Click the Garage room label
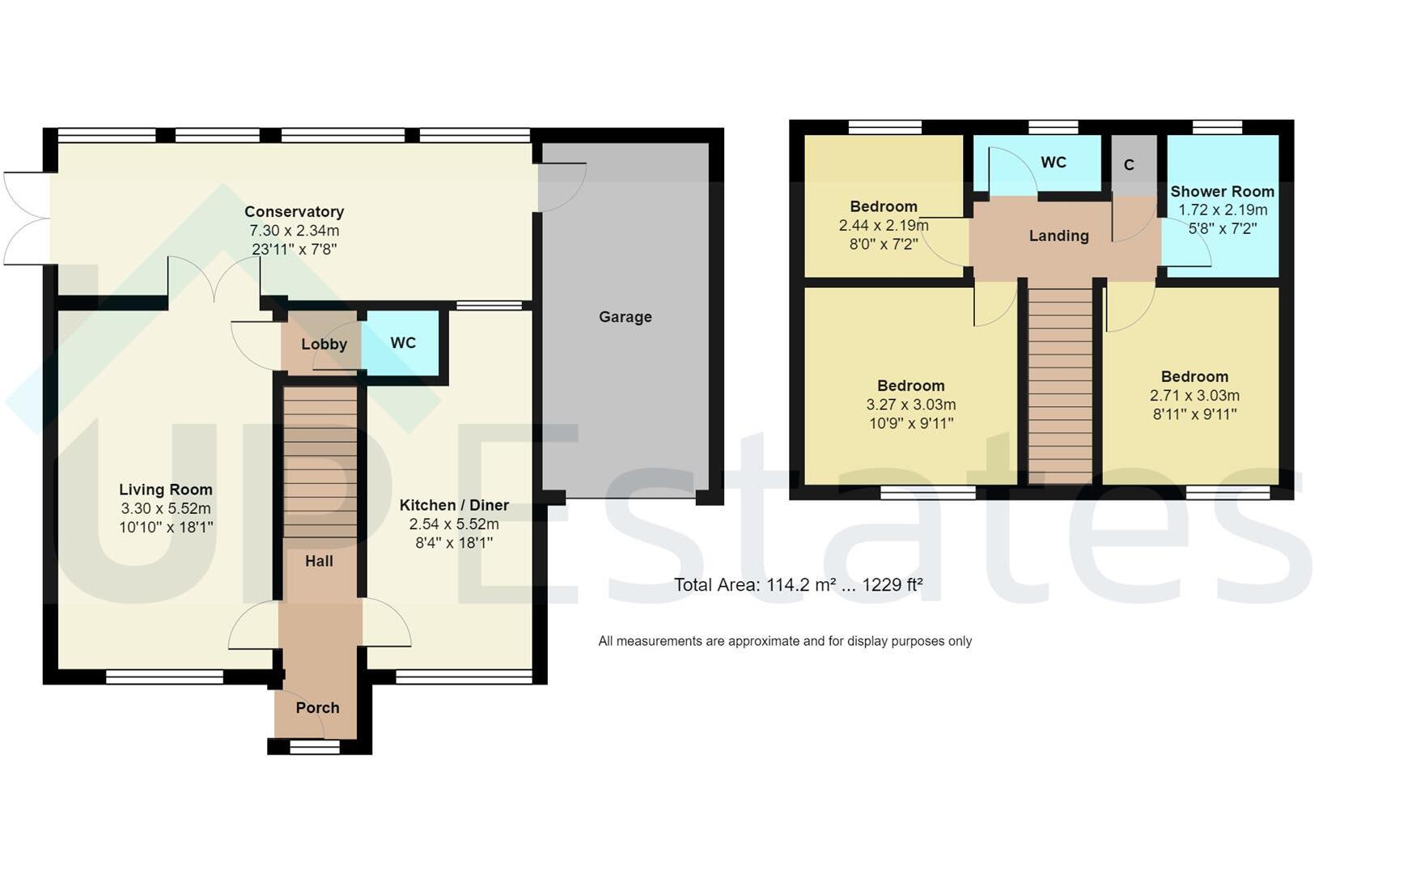[x=625, y=317]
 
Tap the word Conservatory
[x=294, y=212]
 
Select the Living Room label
[x=165, y=490]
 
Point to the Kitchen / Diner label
[x=454, y=505]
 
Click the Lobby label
[x=324, y=344]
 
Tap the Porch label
[x=317, y=708]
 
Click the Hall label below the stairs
[x=319, y=561]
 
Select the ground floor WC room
[x=403, y=343]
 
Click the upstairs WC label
[x=1053, y=163]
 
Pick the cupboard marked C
[x=1129, y=165]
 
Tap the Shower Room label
[x=1222, y=192]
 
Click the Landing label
[x=1058, y=236]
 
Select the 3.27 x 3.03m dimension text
[x=910, y=405]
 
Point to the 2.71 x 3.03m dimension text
[x=1194, y=396]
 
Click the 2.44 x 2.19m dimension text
[x=883, y=226]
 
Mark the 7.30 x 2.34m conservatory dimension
[x=294, y=231]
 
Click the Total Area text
[x=799, y=585]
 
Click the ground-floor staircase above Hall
[x=320, y=461]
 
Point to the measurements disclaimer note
[x=785, y=642]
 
